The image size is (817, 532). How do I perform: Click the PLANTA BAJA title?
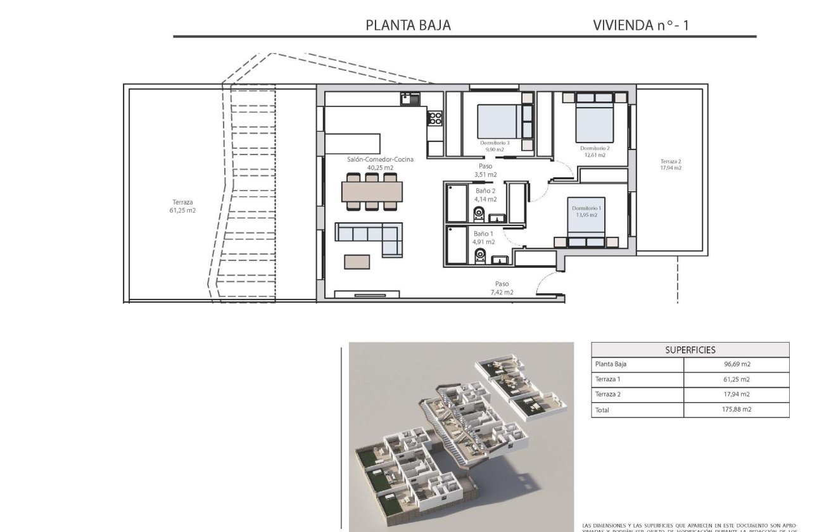click(408, 25)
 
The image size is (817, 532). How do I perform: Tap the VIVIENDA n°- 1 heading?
click(640, 25)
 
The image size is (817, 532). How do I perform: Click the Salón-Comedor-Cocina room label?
click(380, 160)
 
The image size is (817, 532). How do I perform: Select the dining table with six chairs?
click(371, 191)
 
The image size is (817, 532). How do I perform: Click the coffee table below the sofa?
click(358, 261)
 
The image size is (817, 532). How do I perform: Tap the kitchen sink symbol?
click(409, 99)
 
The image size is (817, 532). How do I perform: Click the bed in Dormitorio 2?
click(594, 122)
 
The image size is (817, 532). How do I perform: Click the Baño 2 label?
click(485, 190)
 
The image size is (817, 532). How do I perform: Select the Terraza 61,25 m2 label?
click(182, 206)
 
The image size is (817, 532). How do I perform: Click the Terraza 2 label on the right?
click(670, 161)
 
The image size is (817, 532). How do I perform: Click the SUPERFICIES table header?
click(690, 350)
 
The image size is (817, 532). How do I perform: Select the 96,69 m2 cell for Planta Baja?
click(736, 364)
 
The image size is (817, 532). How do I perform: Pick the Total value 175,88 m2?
click(736, 410)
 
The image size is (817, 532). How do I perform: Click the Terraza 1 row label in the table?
click(608, 379)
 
